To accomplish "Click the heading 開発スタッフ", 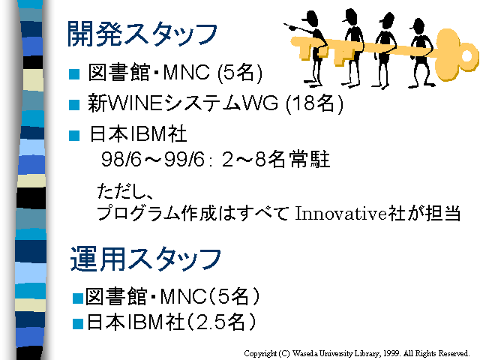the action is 142,34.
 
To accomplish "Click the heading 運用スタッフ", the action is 145,259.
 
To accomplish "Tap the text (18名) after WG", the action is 315,103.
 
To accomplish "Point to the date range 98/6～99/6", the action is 152,159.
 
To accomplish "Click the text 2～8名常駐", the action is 276,159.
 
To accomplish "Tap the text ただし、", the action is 124,191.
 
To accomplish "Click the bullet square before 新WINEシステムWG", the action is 74,105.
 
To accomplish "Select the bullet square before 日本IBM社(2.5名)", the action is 78,324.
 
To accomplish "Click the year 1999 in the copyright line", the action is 391,353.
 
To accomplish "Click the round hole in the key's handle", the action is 466,56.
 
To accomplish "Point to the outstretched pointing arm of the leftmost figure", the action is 301,29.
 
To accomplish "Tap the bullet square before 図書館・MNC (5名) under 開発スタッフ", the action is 74,74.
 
